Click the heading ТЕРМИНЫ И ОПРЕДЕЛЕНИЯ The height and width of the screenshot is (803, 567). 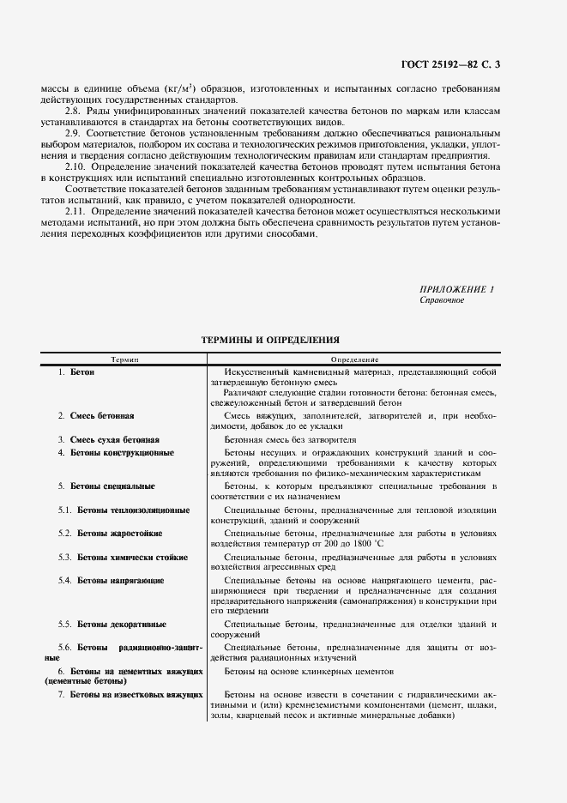270,340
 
